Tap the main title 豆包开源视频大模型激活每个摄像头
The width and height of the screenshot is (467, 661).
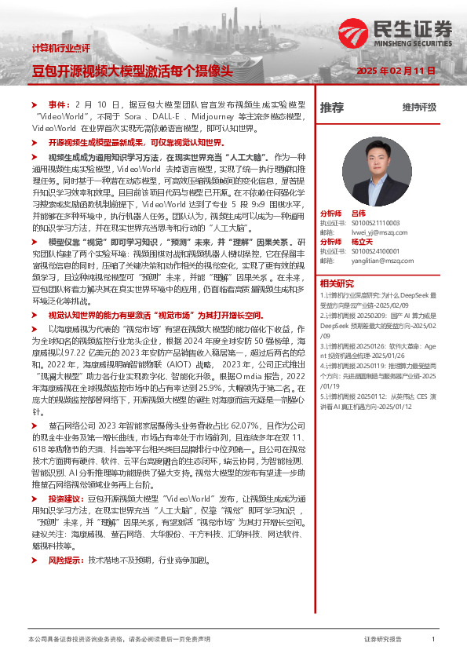(x=132, y=71)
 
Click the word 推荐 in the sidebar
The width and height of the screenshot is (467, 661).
(x=331, y=108)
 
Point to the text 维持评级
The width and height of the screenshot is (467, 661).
(x=419, y=108)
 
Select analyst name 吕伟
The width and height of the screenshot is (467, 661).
(x=359, y=213)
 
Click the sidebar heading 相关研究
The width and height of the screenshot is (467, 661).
(x=336, y=283)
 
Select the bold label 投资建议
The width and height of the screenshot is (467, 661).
(x=64, y=498)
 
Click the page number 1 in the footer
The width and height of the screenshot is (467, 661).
(x=433, y=640)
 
